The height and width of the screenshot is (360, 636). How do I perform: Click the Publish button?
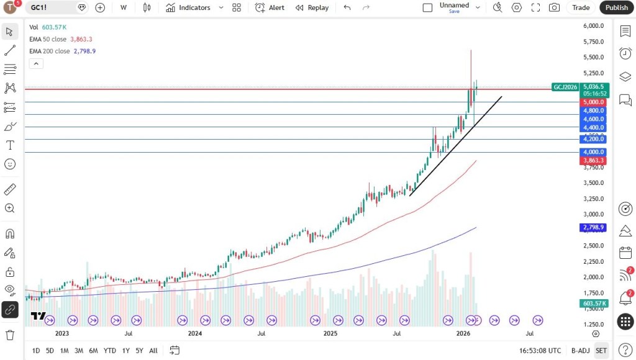pyautogui.click(x=617, y=7)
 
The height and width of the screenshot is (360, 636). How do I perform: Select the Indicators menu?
pyautogui.click(x=188, y=7)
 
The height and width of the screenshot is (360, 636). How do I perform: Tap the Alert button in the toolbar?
pyautogui.click(x=270, y=7)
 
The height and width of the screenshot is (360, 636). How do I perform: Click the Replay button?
pyautogui.click(x=312, y=7)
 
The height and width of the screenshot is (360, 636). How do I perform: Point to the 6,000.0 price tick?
pyautogui.click(x=594, y=25)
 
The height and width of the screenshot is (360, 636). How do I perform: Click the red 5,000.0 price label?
pyautogui.click(x=593, y=102)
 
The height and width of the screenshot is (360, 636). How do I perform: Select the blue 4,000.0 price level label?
pyautogui.click(x=593, y=152)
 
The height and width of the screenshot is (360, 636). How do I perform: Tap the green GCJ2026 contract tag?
pyautogui.click(x=565, y=87)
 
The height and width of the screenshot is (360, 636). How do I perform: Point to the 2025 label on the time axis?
pyautogui.click(x=330, y=333)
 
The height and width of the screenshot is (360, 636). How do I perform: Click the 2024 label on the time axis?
pyautogui.click(x=195, y=333)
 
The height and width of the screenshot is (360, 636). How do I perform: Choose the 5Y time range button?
pyautogui.click(x=139, y=351)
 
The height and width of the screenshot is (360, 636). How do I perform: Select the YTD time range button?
pyautogui.click(x=110, y=351)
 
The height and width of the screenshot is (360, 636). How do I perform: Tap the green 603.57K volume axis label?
pyautogui.click(x=593, y=304)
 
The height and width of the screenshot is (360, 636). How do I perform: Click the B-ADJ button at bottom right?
pyautogui.click(x=580, y=351)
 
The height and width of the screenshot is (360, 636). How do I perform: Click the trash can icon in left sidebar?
pyautogui.click(x=10, y=335)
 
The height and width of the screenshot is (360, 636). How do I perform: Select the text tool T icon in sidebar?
pyautogui.click(x=10, y=145)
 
